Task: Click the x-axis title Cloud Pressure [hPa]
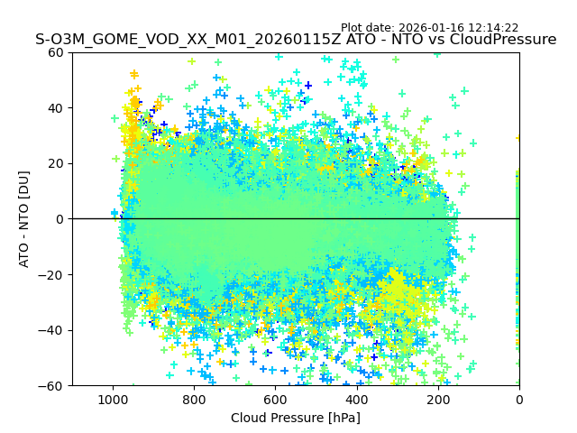coord(296,418)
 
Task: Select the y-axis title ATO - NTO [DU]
coord(24,219)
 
